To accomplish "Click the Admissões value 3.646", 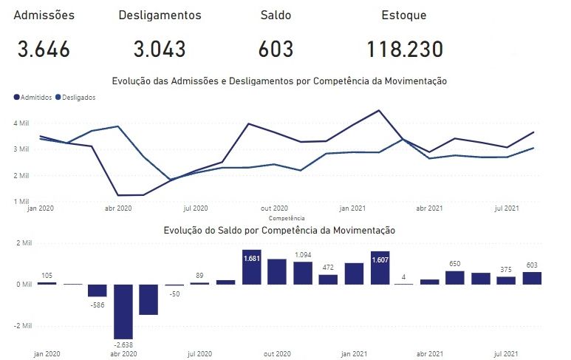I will tap(44, 50).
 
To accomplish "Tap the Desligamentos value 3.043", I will tap(160, 50).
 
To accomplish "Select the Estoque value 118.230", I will tap(404, 50).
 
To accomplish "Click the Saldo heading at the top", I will tap(276, 15).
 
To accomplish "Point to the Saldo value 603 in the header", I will tap(276, 50).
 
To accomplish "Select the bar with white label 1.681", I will tap(252, 268).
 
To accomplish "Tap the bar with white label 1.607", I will tap(380, 268).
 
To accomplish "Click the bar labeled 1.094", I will tap(303, 273).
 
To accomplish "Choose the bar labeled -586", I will tap(98, 291).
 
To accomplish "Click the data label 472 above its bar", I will tap(328, 268).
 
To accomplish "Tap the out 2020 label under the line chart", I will tap(276, 208).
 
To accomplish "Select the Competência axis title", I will tap(287, 219).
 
